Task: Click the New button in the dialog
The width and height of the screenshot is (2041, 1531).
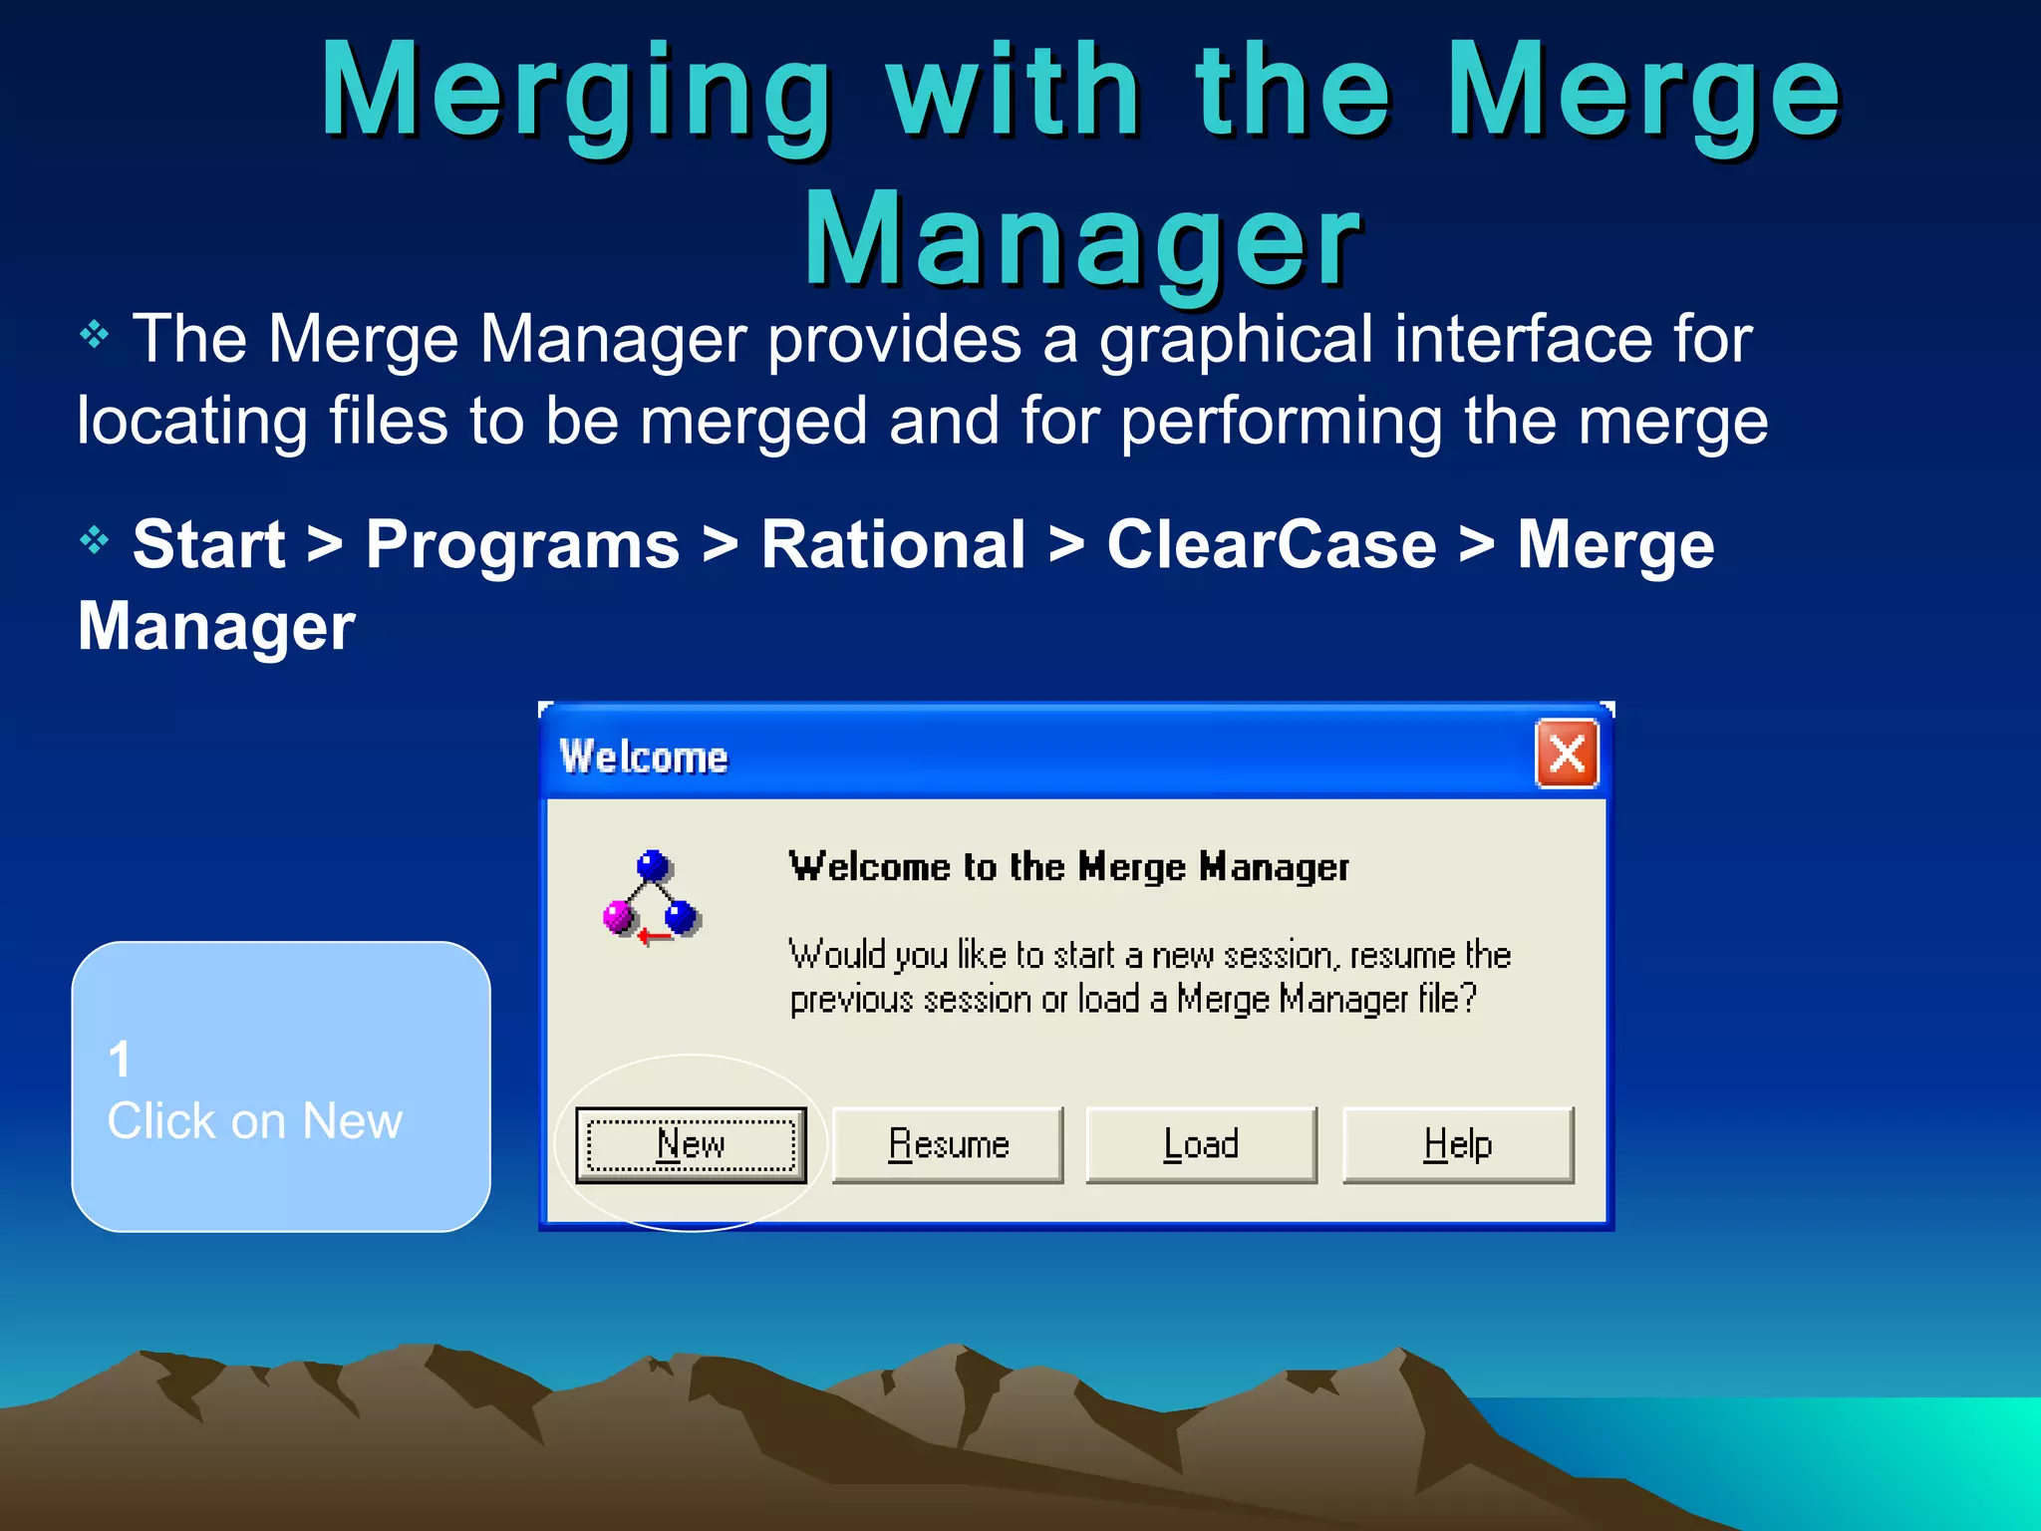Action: tap(691, 1144)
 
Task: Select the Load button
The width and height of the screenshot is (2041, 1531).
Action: tap(1201, 1144)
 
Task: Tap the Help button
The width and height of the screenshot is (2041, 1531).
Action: tap(1457, 1144)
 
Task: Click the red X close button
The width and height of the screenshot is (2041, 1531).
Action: tap(1567, 754)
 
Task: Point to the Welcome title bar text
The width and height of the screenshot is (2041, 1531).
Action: tap(644, 758)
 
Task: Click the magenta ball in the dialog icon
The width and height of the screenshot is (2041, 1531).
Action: tap(619, 915)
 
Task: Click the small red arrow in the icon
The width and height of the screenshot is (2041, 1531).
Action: tap(653, 937)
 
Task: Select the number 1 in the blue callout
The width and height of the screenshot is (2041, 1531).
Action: tap(120, 1059)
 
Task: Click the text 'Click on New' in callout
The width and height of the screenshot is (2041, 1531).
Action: tap(255, 1121)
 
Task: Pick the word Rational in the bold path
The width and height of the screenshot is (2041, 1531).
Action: tap(893, 545)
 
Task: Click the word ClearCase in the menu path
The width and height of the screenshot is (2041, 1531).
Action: tap(1272, 545)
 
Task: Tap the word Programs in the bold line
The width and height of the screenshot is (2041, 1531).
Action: tap(522, 545)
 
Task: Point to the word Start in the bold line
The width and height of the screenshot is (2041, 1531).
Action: tap(209, 545)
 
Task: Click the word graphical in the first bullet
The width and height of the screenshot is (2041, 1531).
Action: tap(1236, 340)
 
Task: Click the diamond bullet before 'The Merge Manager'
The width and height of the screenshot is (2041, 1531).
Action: tap(94, 334)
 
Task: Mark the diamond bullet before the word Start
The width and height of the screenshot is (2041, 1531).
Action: tap(94, 540)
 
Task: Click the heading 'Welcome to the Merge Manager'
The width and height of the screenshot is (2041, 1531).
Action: tap(1068, 867)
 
